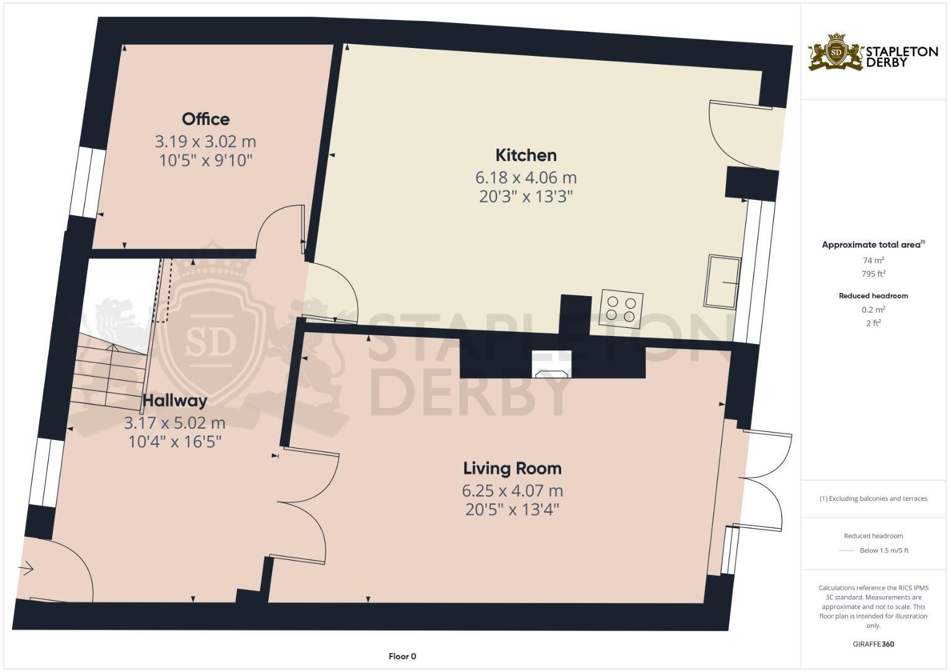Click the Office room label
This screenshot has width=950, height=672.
(205, 119)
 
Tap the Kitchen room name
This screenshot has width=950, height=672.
(526, 155)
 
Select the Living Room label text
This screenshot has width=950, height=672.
(512, 468)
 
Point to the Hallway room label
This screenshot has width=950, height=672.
(175, 400)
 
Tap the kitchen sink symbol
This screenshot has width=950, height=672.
(722, 282)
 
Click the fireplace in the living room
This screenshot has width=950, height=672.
(552, 365)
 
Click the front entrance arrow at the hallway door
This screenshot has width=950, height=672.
(26, 568)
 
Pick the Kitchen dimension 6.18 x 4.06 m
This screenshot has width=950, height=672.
(526, 177)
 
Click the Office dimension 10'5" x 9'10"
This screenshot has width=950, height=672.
(205, 161)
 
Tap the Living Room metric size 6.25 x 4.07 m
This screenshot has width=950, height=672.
(512, 490)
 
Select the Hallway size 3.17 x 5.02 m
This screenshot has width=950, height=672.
(175, 423)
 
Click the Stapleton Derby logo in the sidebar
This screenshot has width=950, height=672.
(873, 52)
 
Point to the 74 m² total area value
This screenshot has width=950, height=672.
(873, 261)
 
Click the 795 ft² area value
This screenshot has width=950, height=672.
(873, 274)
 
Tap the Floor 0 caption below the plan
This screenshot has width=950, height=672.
(402, 656)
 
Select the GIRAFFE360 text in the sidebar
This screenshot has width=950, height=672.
(873, 644)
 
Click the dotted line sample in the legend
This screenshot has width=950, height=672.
(847, 551)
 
